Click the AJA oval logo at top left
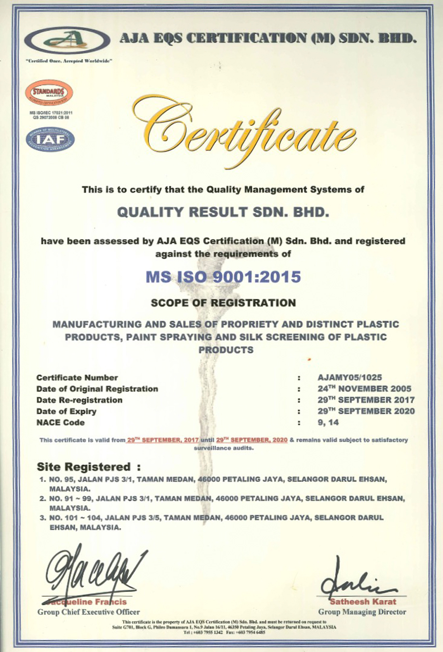[x=67, y=40]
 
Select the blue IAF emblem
[x=50, y=140]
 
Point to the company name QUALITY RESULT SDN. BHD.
[x=223, y=212]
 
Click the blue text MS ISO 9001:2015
[x=223, y=277]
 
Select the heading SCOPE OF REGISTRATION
[x=223, y=303]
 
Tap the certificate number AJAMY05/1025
[x=350, y=378]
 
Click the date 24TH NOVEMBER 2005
[x=365, y=389]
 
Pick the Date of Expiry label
[x=66, y=412]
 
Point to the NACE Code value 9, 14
[x=328, y=423]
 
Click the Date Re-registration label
[x=79, y=400]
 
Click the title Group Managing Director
[x=362, y=612]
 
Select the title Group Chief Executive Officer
[x=89, y=612]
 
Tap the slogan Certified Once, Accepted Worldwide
[x=69, y=61]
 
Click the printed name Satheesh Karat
[x=363, y=601]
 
